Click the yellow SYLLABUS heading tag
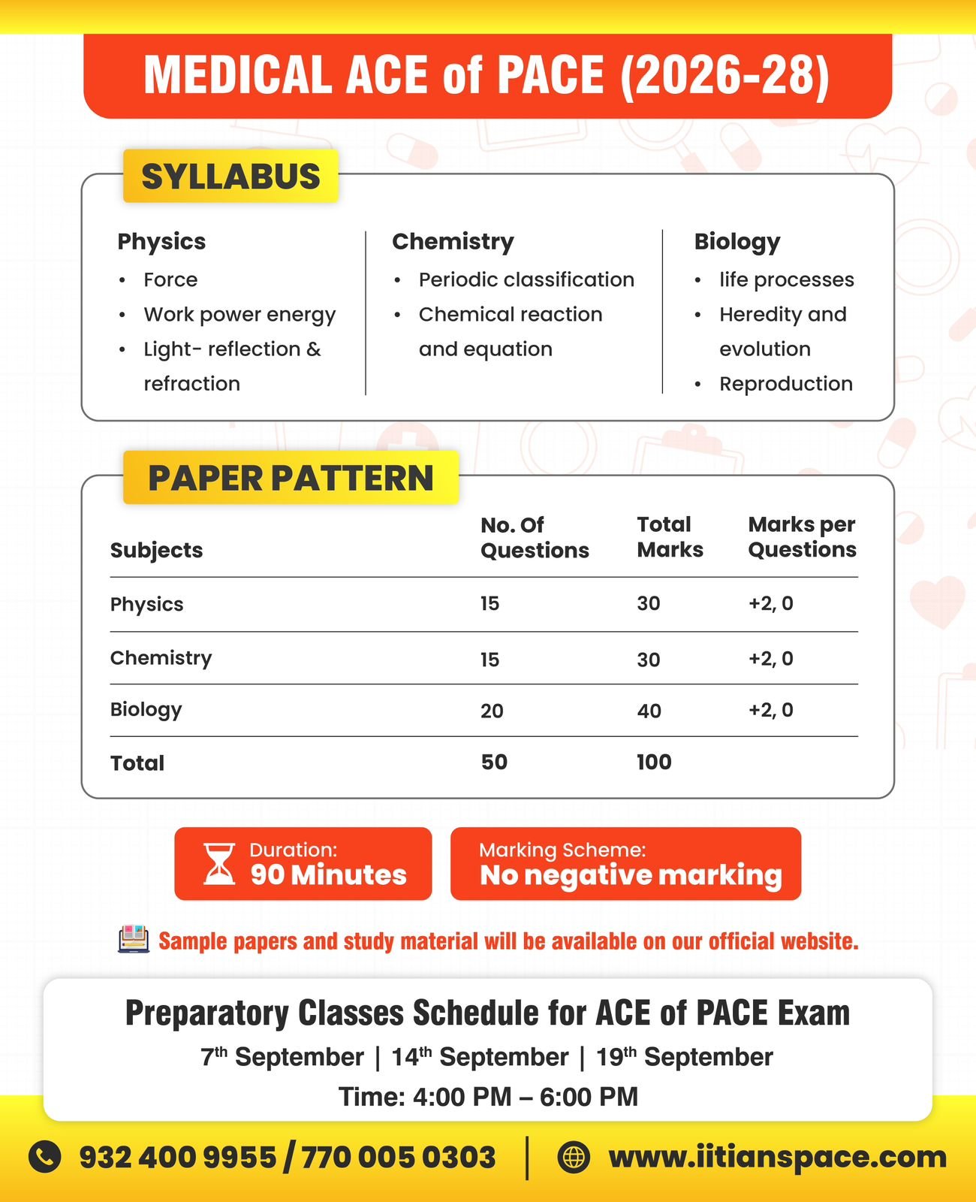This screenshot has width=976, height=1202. coord(230,177)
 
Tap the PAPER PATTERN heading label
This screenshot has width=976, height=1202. coord(291,478)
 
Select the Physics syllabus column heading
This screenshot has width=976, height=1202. coord(161,241)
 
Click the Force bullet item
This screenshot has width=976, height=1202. coord(170,279)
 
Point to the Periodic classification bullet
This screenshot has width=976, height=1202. coord(526,279)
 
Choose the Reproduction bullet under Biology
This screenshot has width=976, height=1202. coord(785,384)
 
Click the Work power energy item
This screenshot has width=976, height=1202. coord(239,314)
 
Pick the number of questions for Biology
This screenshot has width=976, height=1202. coord(492,711)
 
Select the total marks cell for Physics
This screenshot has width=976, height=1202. coord(649,603)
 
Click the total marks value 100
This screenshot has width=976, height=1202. coord(654,762)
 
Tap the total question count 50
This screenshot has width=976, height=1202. coord(494,762)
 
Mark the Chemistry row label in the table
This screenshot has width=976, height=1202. coord(161,658)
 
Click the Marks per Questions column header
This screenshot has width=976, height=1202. coord(802,536)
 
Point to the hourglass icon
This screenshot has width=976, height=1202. coord(219,864)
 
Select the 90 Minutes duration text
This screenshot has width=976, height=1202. coord(328,875)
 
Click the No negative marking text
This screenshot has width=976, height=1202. coord(631,875)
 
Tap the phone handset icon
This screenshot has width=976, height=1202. coord(45,1157)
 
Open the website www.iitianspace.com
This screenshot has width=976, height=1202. coord(778,1157)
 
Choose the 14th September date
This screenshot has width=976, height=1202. coord(480,1057)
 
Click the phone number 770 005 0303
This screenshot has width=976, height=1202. coord(399,1157)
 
